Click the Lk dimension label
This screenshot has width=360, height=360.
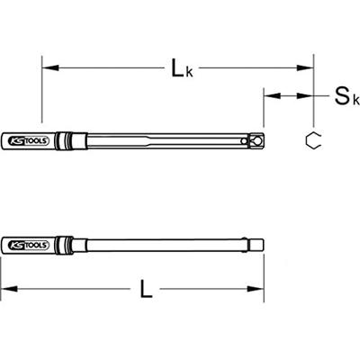[182, 68]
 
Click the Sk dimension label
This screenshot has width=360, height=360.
[347, 96]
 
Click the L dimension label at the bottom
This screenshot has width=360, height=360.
[146, 289]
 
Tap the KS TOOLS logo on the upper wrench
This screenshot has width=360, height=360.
[29, 140]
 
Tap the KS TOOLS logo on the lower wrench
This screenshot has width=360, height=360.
[29, 245]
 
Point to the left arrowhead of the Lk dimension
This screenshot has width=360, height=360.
[49, 67]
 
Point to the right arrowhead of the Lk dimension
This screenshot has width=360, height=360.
[305, 67]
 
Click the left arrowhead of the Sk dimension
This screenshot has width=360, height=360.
[272, 96]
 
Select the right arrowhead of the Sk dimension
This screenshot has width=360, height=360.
[305, 96]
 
